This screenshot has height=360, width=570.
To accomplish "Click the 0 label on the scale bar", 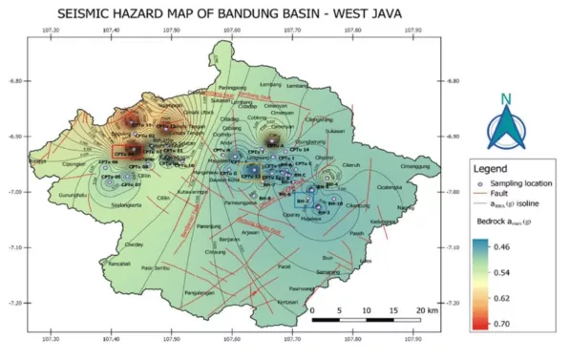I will pyautogui.click(x=312, y=311).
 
